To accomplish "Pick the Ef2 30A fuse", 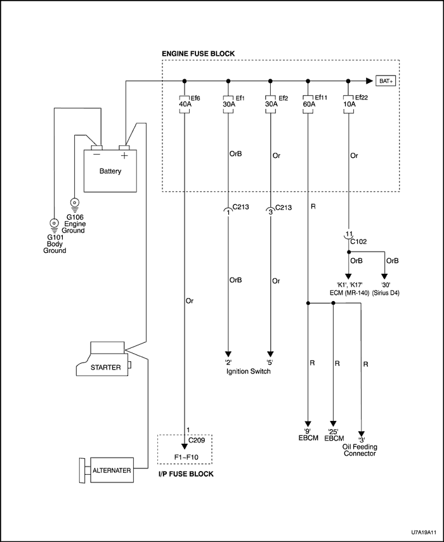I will pos(270,106).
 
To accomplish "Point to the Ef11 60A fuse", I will pos(308,106).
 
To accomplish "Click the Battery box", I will pos(110,171).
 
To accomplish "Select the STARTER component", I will pos(104,366).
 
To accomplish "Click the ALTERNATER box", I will pos(112,470).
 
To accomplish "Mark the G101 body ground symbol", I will pos(54,223).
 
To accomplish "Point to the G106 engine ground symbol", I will pos(75,204).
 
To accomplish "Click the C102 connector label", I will pos(358,242).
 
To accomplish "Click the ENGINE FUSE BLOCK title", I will pos(199,53).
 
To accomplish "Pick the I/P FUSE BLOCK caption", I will pos(185,474).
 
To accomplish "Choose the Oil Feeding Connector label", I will pos(360,449).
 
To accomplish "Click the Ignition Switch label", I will pos(249,371).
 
